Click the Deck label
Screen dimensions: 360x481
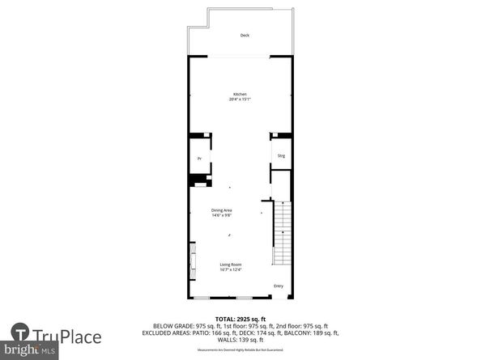tap(244, 36)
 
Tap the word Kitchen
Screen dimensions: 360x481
tap(240, 94)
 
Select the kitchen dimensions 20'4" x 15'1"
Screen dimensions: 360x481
tap(240, 100)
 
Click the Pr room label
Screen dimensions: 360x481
tap(199, 159)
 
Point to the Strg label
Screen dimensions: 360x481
tap(281, 155)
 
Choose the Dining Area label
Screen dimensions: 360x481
tap(222, 210)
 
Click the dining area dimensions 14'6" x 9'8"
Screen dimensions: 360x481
tap(222, 216)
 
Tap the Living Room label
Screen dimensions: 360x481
tap(231, 265)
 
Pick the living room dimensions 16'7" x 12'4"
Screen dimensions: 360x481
tap(231, 270)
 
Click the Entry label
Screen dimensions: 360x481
tap(279, 286)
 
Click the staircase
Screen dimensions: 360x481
tap(282, 235)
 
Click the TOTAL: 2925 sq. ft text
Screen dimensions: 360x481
tap(240, 320)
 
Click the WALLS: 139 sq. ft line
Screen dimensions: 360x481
tap(240, 340)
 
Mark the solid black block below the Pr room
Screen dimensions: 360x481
tap(197, 181)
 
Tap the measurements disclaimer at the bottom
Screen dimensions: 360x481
tap(240, 349)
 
